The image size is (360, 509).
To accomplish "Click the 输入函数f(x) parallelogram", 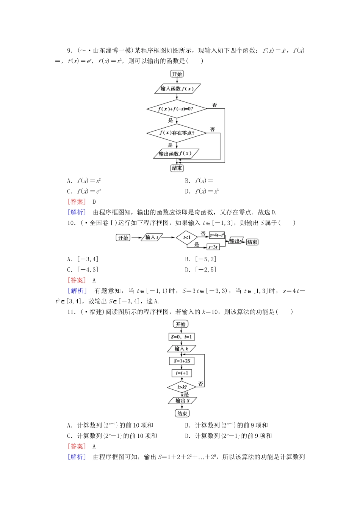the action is [x=177, y=89].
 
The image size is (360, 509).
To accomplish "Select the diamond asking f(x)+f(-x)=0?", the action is [x=177, y=109].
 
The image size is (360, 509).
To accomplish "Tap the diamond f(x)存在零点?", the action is [x=177, y=133].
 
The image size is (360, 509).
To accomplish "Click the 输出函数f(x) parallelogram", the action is [x=176, y=154].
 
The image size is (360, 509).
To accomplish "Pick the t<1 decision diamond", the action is [x=187, y=238].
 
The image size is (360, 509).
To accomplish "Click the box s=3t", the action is [x=213, y=247].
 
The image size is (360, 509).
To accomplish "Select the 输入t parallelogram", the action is [x=152, y=237].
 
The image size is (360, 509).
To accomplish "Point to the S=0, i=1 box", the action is [x=182, y=337].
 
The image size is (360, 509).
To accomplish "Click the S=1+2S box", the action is [x=182, y=361].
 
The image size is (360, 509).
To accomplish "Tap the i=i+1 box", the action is [x=182, y=373].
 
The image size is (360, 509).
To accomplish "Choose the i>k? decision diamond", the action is [x=182, y=387].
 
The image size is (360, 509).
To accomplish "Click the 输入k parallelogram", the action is [x=182, y=348].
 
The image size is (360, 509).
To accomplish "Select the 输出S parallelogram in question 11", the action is [x=182, y=400].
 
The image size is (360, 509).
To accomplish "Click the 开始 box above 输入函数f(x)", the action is [x=177, y=74].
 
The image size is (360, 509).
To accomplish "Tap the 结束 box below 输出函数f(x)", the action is [x=177, y=168].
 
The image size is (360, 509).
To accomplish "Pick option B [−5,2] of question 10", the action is [x=201, y=259].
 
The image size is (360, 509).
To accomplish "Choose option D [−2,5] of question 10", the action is [x=201, y=270].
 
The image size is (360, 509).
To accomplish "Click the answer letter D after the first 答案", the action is [x=94, y=202].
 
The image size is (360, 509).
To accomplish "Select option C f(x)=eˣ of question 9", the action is [x=84, y=191].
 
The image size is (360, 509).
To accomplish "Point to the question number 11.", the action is [x=71, y=312].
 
